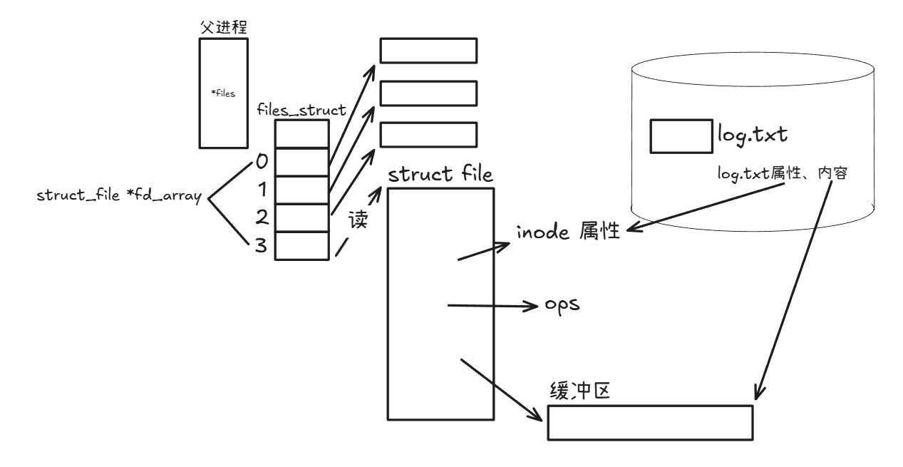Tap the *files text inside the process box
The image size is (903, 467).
[x=224, y=93]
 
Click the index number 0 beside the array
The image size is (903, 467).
[x=262, y=162]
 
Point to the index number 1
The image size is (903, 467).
[x=262, y=190]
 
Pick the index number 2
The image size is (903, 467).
[x=262, y=217]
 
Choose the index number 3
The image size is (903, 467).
[x=262, y=245]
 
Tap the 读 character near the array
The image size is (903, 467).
[x=357, y=220]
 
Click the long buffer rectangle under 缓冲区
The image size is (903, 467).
[x=650, y=422]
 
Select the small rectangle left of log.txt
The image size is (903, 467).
[x=680, y=136]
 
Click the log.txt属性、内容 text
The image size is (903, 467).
[x=781, y=173]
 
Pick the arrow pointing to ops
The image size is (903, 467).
[x=492, y=307]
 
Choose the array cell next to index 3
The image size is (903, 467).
[x=302, y=245]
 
